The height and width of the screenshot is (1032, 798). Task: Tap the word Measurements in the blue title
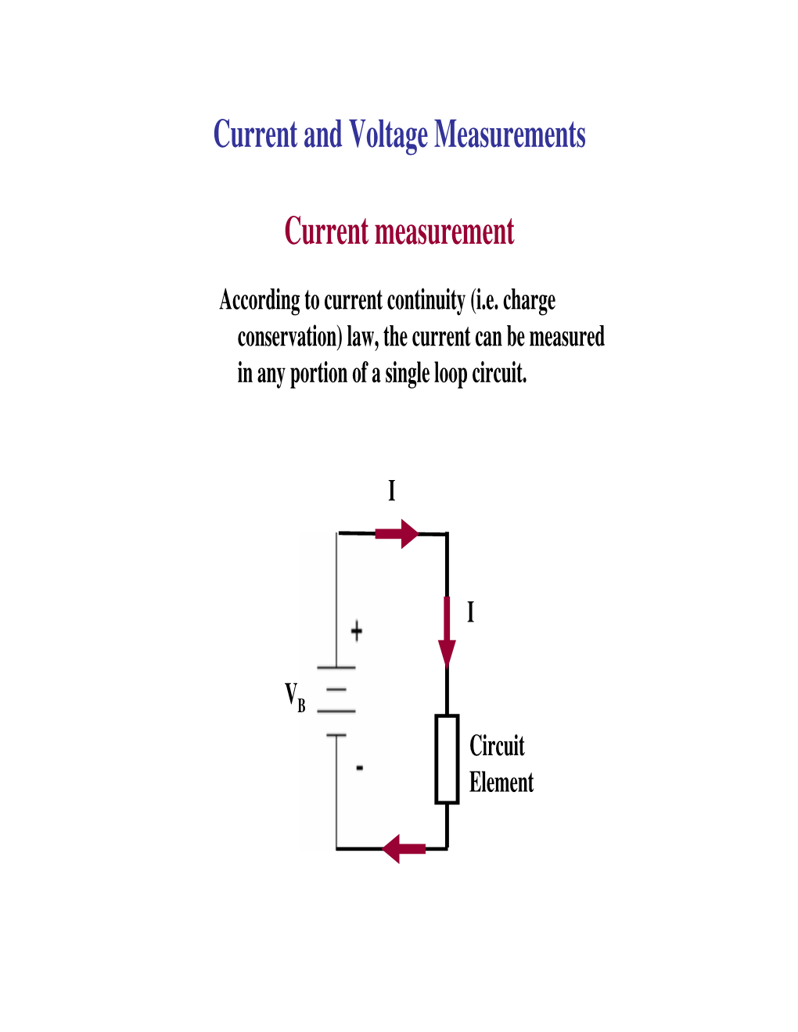coord(509,134)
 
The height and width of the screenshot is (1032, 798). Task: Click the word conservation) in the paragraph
coord(289,337)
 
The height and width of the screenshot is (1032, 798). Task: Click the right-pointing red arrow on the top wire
coord(397,534)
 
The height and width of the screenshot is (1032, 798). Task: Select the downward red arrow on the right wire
coord(447,632)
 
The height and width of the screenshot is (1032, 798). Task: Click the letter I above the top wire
coord(392,491)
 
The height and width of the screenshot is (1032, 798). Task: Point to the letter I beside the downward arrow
coord(470,611)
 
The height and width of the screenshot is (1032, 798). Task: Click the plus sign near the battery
coord(357,632)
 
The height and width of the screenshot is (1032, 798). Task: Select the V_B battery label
coord(295,697)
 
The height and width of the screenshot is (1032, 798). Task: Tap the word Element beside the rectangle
coord(501,782)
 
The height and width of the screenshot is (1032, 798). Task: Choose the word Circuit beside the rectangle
coord(497,745)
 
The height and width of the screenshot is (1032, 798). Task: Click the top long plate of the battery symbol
coord(336,668)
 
